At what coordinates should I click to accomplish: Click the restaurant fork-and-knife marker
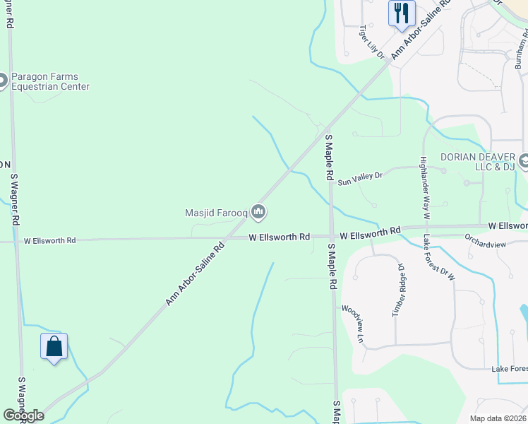pyautogui.click(x=401, y=13)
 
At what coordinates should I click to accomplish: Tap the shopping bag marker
pyautogui.click(x=54, y=346)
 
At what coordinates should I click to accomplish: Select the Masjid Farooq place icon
pyautogui.click(x=258, y=211)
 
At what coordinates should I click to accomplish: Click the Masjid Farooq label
pyautogui.click(x=217, y=211)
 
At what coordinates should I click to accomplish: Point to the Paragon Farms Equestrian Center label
pyautogui.click(x=49, y=82)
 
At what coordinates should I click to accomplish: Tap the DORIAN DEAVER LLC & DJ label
pyautogui.click(x=477, y=162)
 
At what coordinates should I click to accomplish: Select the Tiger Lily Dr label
pyautogui.click(x=371, y=42)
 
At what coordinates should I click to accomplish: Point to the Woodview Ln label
pyautogui.click(x=352, y=324)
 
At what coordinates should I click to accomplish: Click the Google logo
pyautogui.click(x=23, y=416)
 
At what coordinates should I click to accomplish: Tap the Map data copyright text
pyautogui.click(x=498, y=418)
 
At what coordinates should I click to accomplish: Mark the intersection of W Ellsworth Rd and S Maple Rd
pyautogui.click(x=330, y=237)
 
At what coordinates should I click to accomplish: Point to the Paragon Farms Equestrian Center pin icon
pyautogui.click(x=2, y=81)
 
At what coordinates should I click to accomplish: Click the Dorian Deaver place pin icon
pyautogui.click(x=524, y=162)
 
